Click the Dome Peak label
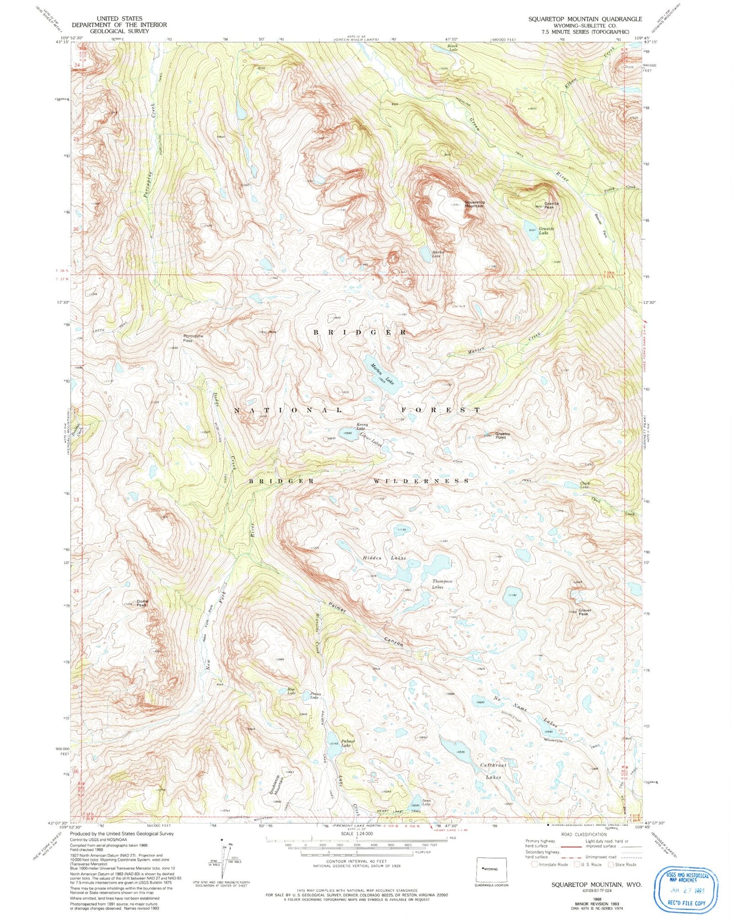coord(141,603)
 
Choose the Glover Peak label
coord(583,612)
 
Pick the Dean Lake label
coord(426,802)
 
